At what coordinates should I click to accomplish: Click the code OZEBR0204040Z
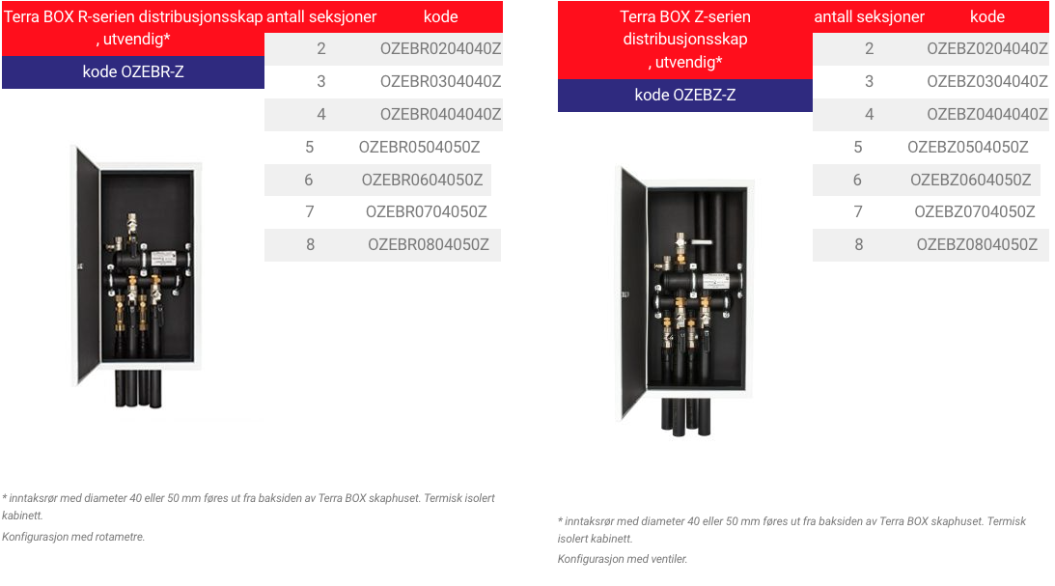(441, 48)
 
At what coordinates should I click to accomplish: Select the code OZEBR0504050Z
(419, 147)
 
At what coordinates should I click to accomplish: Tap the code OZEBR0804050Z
(429, 245)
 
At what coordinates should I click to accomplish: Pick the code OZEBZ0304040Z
(987, 81)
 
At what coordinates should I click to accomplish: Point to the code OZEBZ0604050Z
(970, 180)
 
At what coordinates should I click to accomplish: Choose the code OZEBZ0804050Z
(977, 245)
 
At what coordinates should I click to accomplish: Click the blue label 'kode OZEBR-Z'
(133, 72)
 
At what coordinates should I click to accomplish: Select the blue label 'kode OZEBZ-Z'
(685, 96)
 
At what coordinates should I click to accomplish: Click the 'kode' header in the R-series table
(441, 16)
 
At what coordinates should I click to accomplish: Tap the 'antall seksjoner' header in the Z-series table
(870, 16)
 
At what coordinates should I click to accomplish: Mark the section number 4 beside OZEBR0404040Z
(321, 114)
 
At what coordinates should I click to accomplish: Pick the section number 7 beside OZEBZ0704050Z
(858, 212)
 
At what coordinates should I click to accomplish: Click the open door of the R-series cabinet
(88, 265)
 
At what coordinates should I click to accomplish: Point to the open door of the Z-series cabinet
(633, 293)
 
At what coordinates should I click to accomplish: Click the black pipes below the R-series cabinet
(139, 389)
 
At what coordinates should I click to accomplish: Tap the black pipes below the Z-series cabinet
(686, 417)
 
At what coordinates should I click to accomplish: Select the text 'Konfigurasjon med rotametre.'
(73, 537)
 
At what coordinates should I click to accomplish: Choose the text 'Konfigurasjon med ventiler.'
(623, 559)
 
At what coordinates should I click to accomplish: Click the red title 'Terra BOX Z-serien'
(685, 16)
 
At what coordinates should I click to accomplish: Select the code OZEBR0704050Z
(426, 212)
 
